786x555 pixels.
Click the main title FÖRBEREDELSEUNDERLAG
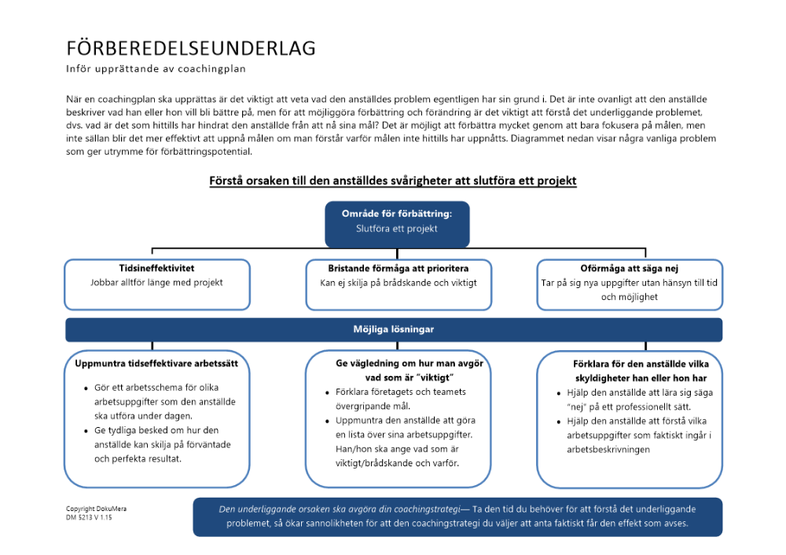[191, 49]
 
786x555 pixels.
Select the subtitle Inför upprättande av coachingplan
[156, 69]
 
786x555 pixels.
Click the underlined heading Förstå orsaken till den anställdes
[393, 181]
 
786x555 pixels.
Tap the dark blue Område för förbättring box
[397, 223]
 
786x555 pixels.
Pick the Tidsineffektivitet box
[146, 284]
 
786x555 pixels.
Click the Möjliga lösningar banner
[393, 330]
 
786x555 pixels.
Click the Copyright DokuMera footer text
[96, 509]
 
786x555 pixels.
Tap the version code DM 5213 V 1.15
[89, 517]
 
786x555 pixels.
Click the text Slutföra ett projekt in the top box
[397, 229]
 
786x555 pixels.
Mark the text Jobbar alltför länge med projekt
[146, 283]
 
